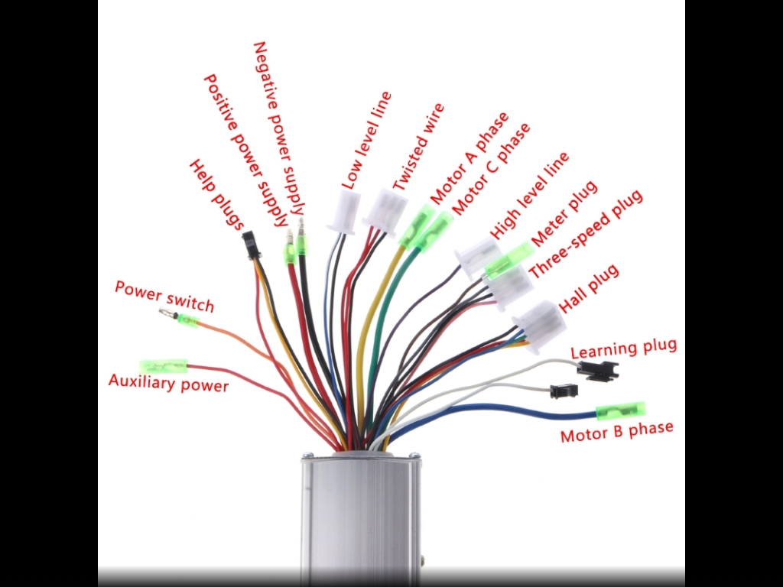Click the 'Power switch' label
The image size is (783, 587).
[x=164, y=296]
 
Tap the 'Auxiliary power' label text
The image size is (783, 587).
[x=168, y=383]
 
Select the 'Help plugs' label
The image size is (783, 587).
[x=216, y=195]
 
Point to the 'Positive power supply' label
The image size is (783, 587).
[x=246, y=151]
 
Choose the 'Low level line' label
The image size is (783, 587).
[x=366, y=141]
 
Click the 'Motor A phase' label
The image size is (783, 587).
[x=469, y=158]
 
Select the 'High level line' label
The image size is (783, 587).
[x=529, y=195]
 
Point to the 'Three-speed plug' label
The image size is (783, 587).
[x=586, y=234]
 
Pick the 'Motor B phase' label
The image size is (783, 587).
[x=617, y=431]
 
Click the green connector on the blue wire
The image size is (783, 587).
[x=621, y=411]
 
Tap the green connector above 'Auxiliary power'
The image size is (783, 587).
[x=164, y=366]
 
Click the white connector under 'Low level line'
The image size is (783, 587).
[x=343, y=212]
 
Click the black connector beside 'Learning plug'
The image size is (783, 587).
[x=598, y=371]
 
